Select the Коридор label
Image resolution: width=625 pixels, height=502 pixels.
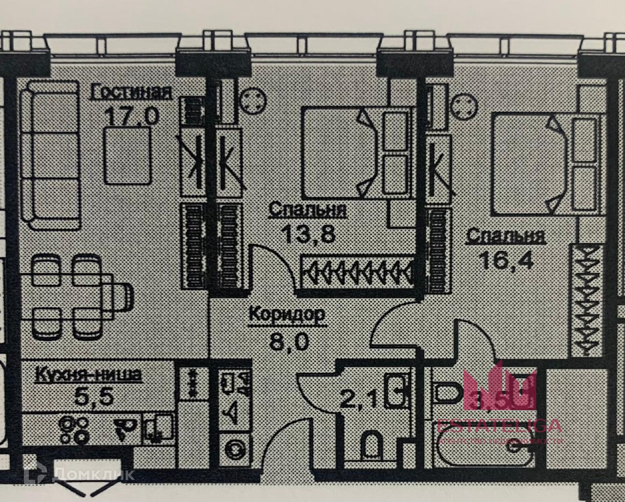coord(287,314)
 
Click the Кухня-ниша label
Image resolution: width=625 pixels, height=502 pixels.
coord(88,375)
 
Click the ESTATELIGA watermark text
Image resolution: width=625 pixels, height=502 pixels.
coord(499,426)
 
